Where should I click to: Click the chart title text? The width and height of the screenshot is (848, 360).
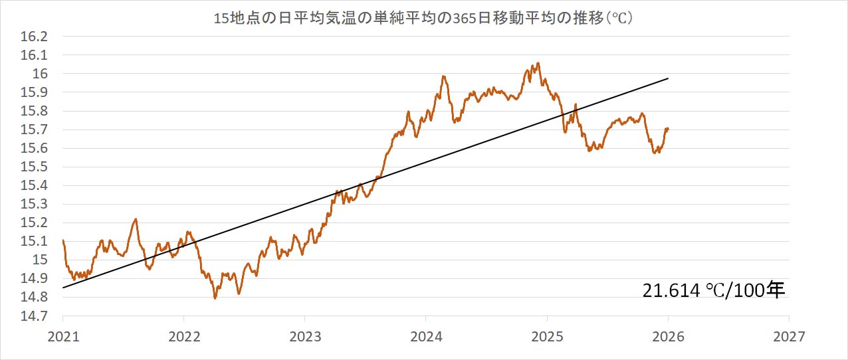coord(423,19)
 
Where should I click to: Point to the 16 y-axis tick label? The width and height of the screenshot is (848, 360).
coord(41,74)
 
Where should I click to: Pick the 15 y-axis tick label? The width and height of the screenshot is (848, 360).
coord(41,260)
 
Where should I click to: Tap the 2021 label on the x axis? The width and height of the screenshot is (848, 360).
coord(62,336)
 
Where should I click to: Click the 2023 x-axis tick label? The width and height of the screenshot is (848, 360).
coord(305,336)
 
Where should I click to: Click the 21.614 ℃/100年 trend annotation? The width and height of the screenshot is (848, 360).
coord(714,290)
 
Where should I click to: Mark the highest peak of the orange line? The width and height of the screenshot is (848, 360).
coord(538,63)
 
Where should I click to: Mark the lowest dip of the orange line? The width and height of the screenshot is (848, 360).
coord(215,298)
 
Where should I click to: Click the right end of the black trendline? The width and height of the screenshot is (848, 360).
coord(668,78)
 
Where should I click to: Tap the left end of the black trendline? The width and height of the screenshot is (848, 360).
coord(62,288)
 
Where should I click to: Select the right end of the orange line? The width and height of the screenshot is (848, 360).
coord(668,129)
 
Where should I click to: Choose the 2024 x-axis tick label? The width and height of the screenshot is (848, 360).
coord(426,336)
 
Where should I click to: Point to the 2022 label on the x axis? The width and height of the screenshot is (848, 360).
coord(183,336)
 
